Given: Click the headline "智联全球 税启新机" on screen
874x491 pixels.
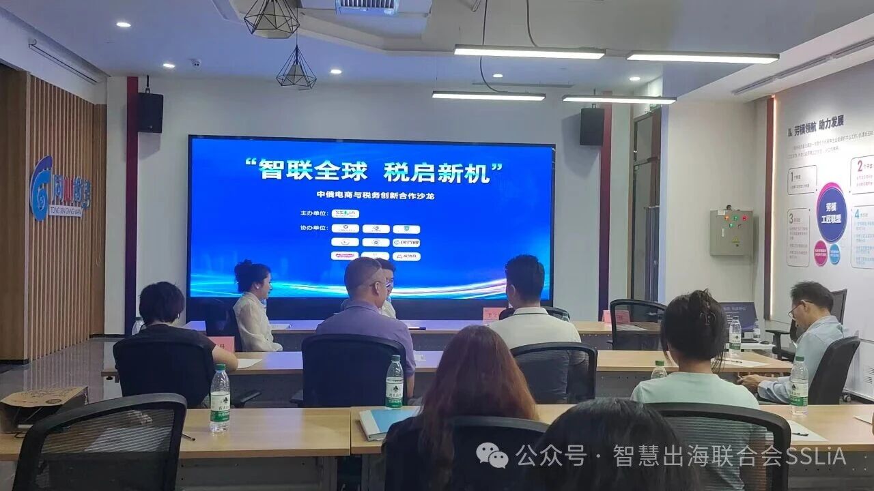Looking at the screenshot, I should pyautogui.click(x=371, y=170).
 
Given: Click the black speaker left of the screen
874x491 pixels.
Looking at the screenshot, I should pyautogui.click(x=150, y=113).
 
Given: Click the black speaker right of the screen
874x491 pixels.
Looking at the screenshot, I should pyautogui.click(x=592, y=126).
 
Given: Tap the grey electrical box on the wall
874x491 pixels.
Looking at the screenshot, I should pyautogui.click(x=731, y=233).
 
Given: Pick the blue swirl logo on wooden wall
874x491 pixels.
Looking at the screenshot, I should pyautogui.click(x=42, y=188).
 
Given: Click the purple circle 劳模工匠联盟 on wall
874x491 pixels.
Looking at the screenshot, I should pyautogui.click(x=831, y=212).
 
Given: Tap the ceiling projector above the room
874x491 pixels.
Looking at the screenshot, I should pyautogui.click(x=365, y=7).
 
